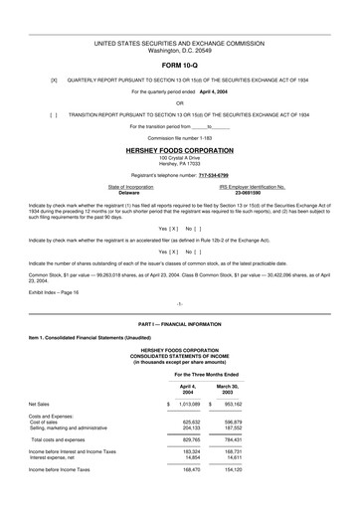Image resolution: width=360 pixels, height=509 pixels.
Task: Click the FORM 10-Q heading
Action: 179,67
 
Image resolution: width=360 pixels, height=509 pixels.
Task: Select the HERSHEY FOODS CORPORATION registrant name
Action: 179,148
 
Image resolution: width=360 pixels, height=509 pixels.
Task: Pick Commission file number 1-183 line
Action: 179,138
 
